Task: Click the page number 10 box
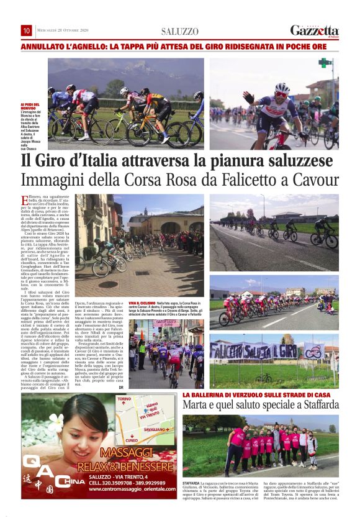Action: (x=27, y=30)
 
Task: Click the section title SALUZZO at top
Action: (x=179, y=31)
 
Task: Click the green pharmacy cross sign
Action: (x=322, y=62)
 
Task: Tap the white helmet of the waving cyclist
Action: (x=282, y=88)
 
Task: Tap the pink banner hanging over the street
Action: (x=166, y=324)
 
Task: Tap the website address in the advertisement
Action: (x=130, y=489)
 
